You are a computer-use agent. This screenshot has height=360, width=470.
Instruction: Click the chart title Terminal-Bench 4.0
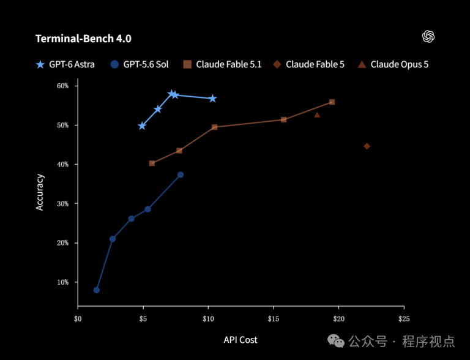pyautogui.click(x=83, y=39)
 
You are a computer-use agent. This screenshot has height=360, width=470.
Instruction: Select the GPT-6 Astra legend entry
pyautogui.click(x=65, y=64)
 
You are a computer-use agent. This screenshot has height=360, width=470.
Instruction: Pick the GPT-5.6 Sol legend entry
pyautogui.click(x=140, y=64)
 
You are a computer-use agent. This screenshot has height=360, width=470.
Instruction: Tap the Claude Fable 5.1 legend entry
pyautogui.click(x=222, y=64)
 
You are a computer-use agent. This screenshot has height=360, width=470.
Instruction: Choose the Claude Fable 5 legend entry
pyautogui.click(x=308, y=64)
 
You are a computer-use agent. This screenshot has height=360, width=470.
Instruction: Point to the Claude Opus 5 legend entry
pyautogui.click(x=393, y=64)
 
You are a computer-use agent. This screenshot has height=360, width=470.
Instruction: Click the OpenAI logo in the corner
pyautogui.click(x=428, y=37)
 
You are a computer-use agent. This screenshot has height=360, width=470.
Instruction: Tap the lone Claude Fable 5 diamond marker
pyautogui.click(x=367, y=146)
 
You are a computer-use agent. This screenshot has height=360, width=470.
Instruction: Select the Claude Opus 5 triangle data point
pyautogui.click(x=317, y=114)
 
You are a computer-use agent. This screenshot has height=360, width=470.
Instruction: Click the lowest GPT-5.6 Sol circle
pyautogui.click(x=97, y=290)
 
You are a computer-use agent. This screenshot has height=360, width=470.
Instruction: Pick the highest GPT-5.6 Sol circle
pyautogui.click(x=181, y=174)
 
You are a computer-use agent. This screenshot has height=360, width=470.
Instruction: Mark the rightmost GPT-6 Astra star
pyautogui.click(x=212, y=99)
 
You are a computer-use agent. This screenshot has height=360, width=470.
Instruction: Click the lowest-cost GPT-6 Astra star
pyautogui.click(x=142, y=126)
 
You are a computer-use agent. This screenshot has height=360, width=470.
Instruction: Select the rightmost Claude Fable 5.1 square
pyautogui.click(x=332, y=102)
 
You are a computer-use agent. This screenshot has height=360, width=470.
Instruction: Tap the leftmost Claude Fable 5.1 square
pyautogui.click(x=152, y=163)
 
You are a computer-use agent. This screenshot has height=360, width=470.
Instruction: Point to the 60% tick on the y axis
pyautogui.click(x=76, y=86)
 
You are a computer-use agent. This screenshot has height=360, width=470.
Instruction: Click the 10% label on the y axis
pyautogui.click(x=62, y=282)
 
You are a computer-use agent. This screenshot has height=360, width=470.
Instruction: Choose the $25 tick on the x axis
pyautogui.click(x=404, y=308)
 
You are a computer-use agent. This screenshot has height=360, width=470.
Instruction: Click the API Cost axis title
pyautogui.click(x=241, y=340)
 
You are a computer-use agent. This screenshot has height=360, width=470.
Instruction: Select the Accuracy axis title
pyautogui.click(x=40, y=192)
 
